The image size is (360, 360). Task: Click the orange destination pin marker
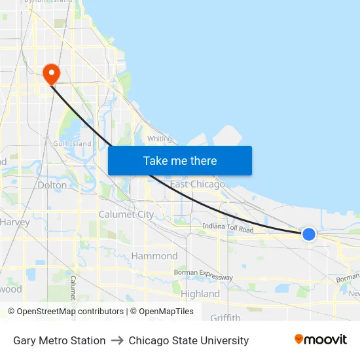click(50, 74)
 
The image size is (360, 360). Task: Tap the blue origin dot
click(308, 234)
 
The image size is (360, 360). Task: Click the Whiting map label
click(159, 139)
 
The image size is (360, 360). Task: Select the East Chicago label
click(197, 185)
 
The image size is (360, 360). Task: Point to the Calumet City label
click(126, 214)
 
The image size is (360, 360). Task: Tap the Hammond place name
click(154, 256)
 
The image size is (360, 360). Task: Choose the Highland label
click(200, 294)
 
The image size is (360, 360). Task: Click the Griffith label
click(225, 318)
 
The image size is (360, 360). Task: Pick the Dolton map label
click(52, 185)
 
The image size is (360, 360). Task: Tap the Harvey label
click(14, 222)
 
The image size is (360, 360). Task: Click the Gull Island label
click(73, 144)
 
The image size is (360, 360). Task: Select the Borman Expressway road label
click(203, 275)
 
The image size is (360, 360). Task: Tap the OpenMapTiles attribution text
click(162, 312)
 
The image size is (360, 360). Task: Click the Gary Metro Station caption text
click(59, 340)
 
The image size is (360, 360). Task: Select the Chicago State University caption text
click(189, 340)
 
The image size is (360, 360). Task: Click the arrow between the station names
click(117, 340)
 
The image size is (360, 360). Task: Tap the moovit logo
click(320, 340)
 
